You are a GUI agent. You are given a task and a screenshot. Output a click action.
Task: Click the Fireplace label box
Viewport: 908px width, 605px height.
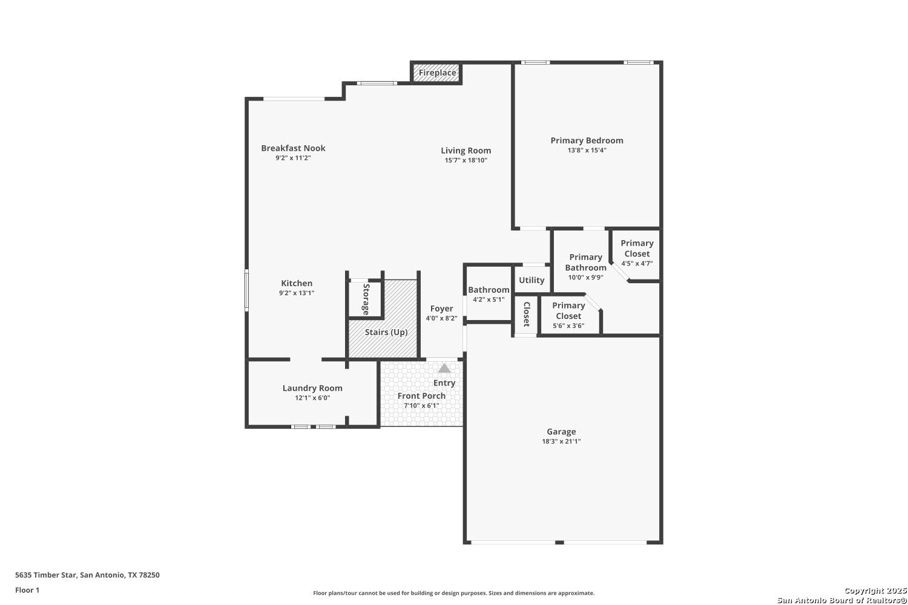coord(437,73)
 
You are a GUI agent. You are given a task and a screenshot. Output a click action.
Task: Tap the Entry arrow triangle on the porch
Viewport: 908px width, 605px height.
coord(444,368)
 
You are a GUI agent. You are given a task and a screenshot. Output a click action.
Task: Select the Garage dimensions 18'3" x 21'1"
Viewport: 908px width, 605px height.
coord(561,441)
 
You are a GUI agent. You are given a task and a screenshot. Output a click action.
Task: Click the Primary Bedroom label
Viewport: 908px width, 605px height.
coord(587,140)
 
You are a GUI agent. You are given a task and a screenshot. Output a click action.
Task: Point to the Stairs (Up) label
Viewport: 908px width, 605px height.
coord(386,332)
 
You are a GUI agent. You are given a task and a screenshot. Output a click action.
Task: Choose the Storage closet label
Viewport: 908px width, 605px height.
coord(366,299)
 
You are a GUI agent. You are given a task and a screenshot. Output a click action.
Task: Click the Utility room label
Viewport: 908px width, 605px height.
coord(531,280)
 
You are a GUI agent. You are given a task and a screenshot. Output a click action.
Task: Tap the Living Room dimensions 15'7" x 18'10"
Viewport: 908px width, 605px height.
coord(466,160)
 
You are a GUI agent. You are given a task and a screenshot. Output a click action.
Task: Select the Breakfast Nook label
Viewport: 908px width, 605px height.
coord(293,148)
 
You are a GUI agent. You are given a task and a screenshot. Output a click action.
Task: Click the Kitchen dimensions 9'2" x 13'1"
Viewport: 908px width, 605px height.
coord(297,293)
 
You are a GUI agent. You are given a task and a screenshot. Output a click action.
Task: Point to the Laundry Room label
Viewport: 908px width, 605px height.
coord(312,388)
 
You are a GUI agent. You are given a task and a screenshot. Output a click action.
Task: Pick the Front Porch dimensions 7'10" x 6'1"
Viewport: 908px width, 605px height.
coord(421,405)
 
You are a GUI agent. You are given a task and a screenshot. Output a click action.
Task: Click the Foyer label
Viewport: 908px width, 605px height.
coord(441,309)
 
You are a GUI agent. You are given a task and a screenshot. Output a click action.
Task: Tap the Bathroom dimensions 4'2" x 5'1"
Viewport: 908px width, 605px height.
coord(489,299)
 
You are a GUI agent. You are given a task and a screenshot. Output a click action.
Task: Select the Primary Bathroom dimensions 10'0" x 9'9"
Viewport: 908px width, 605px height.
coord(586,278)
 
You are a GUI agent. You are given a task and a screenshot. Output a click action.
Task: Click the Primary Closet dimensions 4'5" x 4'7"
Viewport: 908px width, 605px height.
coord(637,263)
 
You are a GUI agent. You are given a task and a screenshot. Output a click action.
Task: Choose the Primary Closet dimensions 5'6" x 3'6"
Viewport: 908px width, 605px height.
coord(568,326)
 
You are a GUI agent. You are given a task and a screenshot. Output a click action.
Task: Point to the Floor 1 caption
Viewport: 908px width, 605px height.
coord(27,590)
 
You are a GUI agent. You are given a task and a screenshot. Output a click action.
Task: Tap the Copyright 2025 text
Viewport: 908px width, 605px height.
coord(875,591)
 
